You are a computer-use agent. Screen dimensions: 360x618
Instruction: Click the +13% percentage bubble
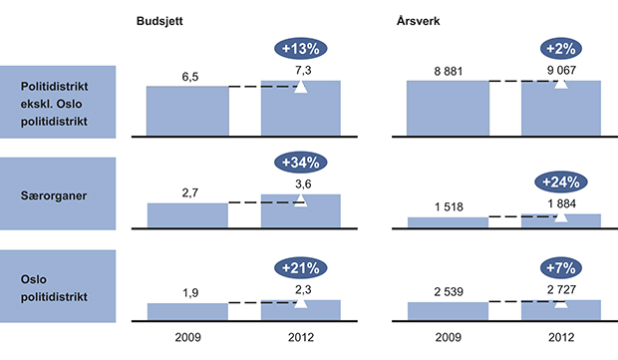(300, 48)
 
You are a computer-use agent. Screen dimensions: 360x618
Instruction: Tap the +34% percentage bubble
(300, 164)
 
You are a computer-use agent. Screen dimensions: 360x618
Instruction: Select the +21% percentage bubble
(300, 267)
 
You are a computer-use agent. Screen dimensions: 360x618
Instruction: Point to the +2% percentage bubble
(560, 48)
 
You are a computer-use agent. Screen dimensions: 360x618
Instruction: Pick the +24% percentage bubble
(560, 181)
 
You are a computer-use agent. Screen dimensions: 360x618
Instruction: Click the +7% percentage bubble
(560, 267)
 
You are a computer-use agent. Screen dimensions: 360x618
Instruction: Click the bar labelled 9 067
(560, 107)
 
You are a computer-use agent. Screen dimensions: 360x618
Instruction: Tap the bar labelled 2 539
(448, 310)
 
